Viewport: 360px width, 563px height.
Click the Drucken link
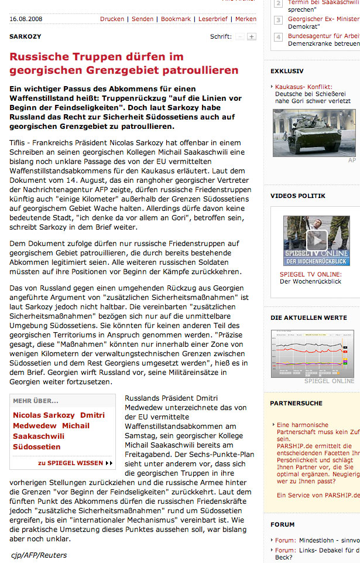[112, 19]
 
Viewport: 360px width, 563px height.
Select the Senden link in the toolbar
[142, 19]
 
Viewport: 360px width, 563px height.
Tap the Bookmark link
[176, 19]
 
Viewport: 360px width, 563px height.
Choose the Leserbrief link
[213, 19]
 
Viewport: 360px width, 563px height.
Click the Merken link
[246, 19]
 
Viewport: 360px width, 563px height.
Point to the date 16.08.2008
[25, 19]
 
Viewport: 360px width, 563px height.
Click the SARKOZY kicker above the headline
[25, 36]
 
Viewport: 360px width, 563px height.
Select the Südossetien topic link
[37, 446]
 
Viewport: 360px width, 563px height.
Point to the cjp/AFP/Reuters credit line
[39, 555]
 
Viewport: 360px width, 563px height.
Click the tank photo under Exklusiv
[314, 132]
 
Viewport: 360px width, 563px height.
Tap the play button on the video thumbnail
[317, 239]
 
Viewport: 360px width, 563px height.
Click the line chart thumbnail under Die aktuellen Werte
[312, 354]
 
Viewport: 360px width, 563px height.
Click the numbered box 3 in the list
[279, 20]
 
